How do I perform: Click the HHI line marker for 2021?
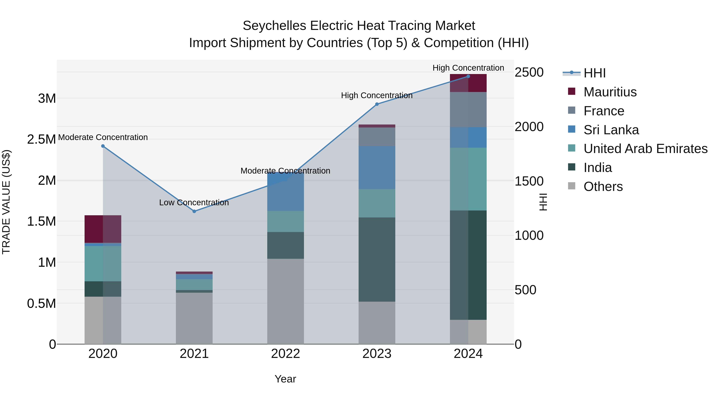(194, 211)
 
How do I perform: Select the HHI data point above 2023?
(377, 104)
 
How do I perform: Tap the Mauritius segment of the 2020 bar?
(103, 229)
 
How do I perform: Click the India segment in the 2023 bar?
(377, 259)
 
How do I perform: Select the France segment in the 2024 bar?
(468, 110)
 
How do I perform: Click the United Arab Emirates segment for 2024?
(468, 179)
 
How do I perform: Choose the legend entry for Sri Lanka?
(611, 130)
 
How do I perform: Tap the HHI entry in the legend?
(594, 73)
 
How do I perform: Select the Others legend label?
(603, 187)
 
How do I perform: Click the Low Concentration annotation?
(194, 202)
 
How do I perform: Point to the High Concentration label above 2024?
(468, 68)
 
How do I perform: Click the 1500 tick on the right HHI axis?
(529, 181)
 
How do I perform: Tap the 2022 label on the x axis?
(285, 354)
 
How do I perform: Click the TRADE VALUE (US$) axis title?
(6, 202)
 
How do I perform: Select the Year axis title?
(285, 379)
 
